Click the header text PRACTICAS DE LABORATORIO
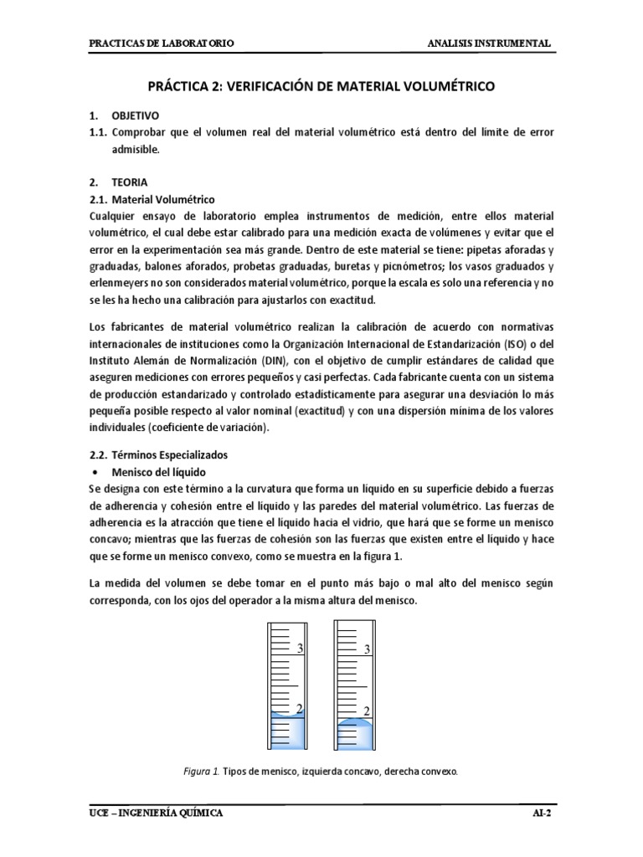coord(162,43)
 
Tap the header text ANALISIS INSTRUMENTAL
coord(489,43)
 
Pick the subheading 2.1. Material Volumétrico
coord(152,199)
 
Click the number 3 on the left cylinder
coord(299,649)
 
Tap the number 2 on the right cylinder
coord(367,711)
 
